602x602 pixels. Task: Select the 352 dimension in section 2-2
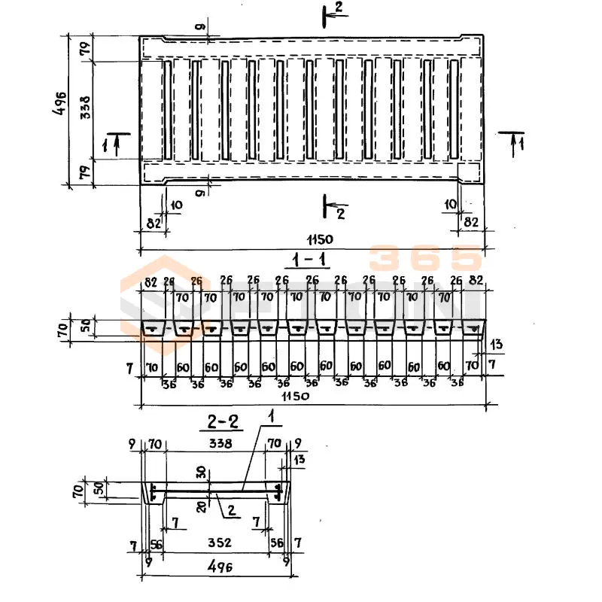[218, 543]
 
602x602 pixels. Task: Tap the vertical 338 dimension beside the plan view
[85, 110]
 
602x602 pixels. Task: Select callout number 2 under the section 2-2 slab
[232, 512]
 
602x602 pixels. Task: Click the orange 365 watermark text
[424, 260]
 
